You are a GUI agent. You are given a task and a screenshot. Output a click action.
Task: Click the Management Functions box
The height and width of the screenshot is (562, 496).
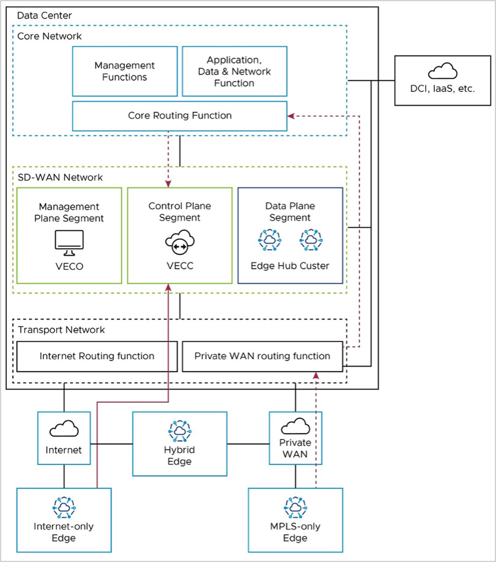tap(125, 71)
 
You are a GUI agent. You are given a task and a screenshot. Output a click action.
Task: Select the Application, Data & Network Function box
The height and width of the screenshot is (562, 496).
tap(234, 71)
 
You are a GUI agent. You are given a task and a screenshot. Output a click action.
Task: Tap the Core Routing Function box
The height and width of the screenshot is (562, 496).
tap(179, 116)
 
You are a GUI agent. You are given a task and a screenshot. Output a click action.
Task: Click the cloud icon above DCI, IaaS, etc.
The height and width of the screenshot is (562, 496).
tap(443, 72)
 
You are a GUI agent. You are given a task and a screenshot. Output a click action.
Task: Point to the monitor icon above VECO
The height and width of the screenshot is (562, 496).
tap(69, 241)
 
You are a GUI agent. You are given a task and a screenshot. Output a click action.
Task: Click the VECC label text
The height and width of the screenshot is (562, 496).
tap(179, 267)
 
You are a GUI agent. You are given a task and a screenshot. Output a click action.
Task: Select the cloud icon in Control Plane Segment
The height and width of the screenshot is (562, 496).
tap(179, 242)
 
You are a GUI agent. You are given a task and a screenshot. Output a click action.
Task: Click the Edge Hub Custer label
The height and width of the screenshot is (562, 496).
tap(290, 267)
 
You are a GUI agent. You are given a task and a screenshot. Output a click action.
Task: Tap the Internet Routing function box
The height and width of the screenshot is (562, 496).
tap(97, 356)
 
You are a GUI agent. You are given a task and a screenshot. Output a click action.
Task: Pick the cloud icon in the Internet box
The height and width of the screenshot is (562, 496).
tap(64, 429)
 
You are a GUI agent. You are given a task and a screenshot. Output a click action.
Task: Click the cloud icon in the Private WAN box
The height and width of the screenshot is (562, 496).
tap(295, 427)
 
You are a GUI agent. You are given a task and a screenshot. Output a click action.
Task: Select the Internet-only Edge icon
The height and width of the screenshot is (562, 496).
tap(64, 506)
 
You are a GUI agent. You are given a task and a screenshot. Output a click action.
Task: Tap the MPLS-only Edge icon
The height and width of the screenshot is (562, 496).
tap(295, 506)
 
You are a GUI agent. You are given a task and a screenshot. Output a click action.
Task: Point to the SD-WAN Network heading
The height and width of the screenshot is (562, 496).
tap(52, 177)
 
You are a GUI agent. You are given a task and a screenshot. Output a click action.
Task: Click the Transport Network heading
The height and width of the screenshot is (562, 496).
tap(61, 330)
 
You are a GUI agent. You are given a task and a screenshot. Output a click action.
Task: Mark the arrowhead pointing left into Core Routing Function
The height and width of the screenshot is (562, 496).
tap(291, 116)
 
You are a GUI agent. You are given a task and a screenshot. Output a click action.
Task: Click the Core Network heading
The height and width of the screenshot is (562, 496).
tap(49, 36)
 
